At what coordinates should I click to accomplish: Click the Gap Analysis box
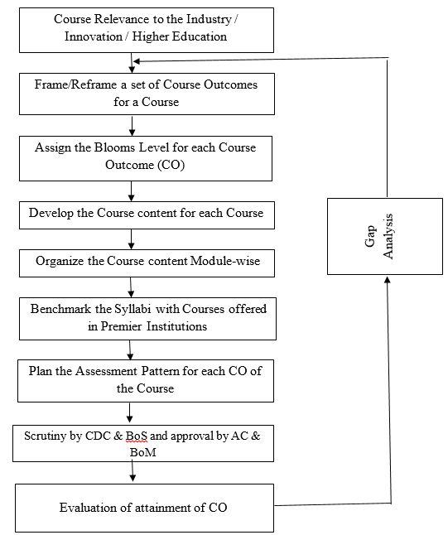coord(387,236)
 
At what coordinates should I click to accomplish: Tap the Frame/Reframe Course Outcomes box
coord(146,93)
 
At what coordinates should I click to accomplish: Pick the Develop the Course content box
coord(146,214)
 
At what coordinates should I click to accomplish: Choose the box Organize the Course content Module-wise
coord(146,261)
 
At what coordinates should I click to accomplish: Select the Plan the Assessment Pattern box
coord(146,379)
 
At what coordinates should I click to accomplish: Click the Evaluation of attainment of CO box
coord(146,507)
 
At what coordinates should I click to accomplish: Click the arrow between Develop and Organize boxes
coord(131,239)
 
